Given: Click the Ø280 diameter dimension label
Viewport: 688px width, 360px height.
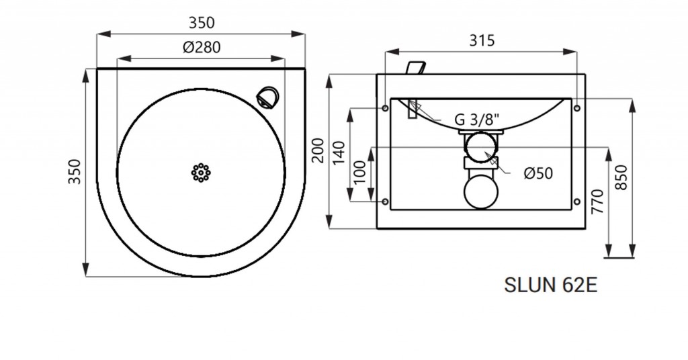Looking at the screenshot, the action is [x=202, y=47].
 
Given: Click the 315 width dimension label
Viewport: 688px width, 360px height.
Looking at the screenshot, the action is [x=482, y=40].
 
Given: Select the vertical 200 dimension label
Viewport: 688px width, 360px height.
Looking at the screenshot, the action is [x=318, y=150].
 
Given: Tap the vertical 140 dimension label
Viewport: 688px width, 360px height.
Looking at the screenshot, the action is [x=339, y=152].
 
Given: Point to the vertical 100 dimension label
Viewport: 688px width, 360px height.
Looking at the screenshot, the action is [x=359, y=173].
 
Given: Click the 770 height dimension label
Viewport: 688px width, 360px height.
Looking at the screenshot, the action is [x=597, y=201].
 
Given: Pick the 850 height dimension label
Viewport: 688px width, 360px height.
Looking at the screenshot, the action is [x=621, y=177].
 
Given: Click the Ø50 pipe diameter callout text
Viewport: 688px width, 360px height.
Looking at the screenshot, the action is [x=538, y=173].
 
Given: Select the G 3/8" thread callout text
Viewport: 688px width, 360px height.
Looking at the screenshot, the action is [x=477, y=120].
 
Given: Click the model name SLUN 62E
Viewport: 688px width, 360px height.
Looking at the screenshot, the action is [x=551, y=285].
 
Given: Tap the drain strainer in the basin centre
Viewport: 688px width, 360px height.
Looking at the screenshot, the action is [x=201, y=173].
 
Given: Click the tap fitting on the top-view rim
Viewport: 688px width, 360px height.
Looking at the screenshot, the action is [x=267, y=97].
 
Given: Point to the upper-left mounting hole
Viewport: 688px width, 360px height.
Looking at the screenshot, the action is [x=385, y=108].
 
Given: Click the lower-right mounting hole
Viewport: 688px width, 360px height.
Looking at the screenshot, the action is [x=577, y=201].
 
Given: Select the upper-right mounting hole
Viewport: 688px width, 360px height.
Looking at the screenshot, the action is [x=577, y=108].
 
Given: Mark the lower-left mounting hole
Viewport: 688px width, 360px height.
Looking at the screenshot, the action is [x=385, y=201].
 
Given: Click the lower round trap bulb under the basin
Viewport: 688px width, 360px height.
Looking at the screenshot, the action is [x=481, y=191].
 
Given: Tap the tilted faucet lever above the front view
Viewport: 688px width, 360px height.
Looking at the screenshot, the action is [x=416, y=69].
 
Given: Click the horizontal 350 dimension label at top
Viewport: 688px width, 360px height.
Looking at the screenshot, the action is [x=202, y=23].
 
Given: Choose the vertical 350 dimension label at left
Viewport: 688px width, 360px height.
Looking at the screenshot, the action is [x=75, y=171].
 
